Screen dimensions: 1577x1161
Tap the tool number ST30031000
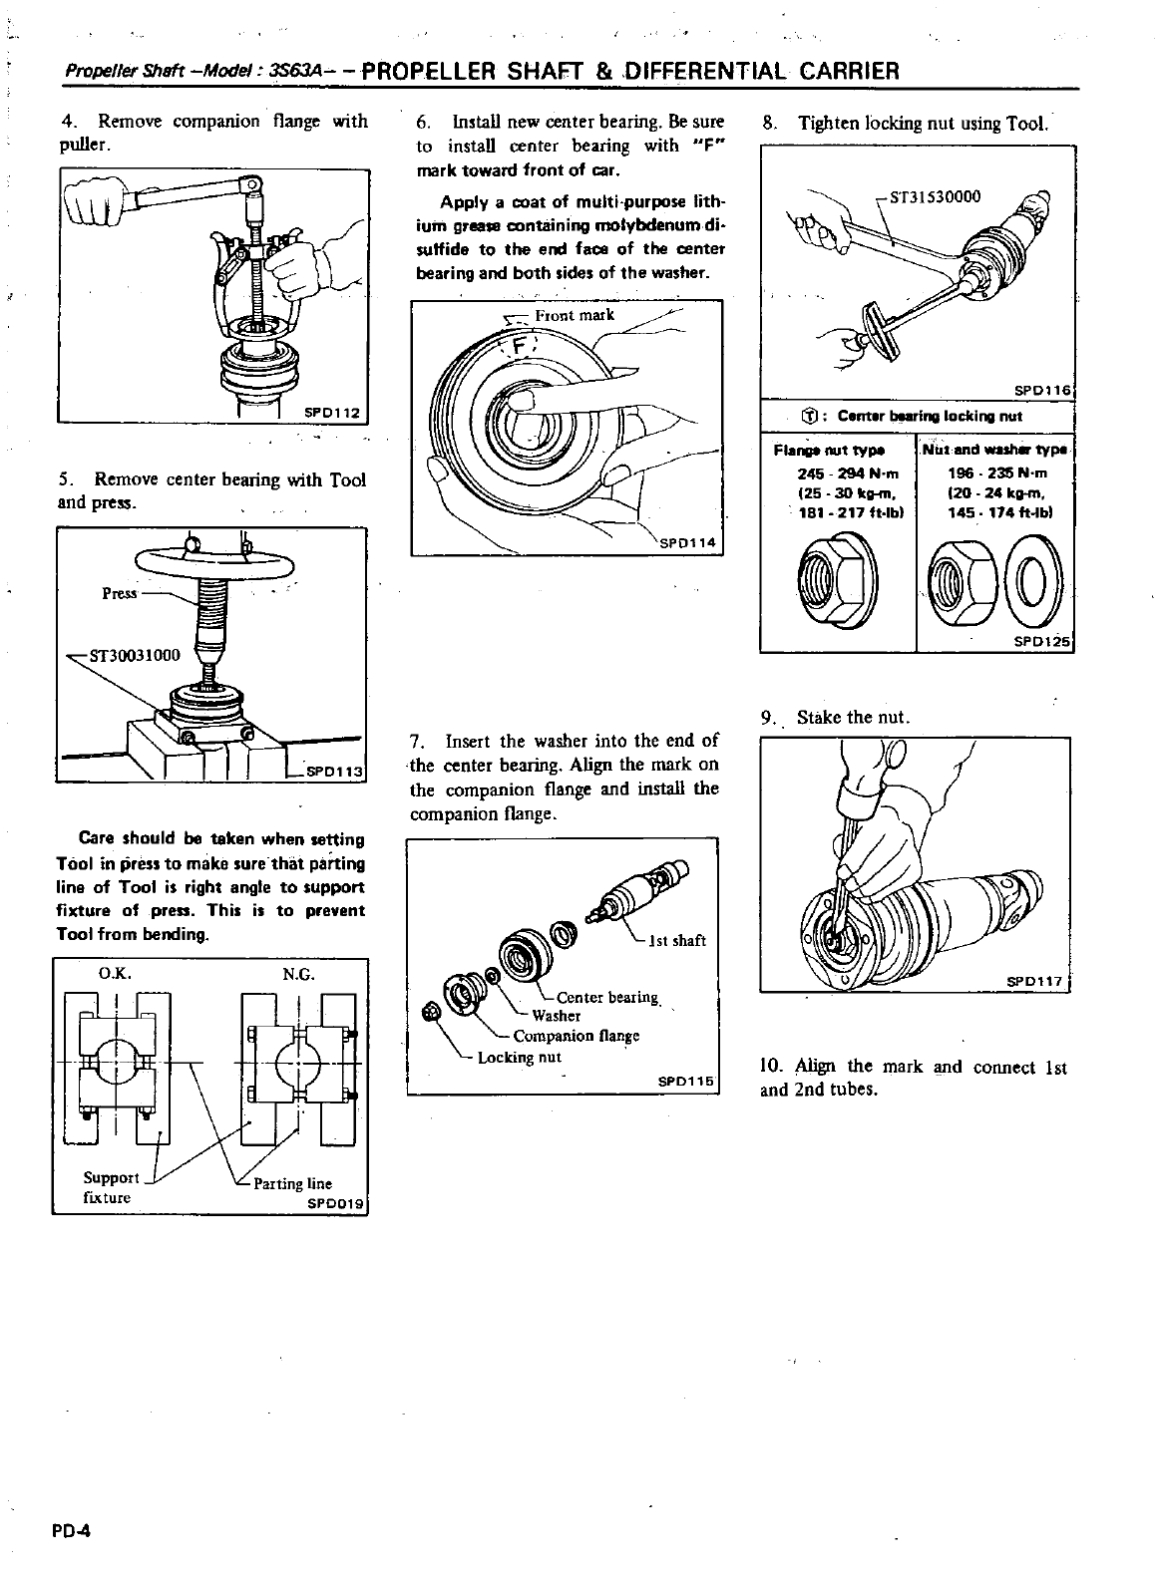(x=134, y=655)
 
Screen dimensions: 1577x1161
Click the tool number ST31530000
(x=935, y=196)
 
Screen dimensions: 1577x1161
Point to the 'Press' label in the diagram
(x=120, y=593)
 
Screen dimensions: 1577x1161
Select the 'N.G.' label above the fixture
(x=296, y=974)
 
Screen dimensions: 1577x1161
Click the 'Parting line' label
(x=292, y=1183)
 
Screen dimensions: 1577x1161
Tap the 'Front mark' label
(x=575, y=315)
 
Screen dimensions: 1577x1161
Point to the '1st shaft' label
(x=677, y=939)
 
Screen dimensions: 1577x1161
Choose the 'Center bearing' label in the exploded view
(x=607, y=997)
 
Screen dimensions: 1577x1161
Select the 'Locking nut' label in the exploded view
(x=520, y=1057)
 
